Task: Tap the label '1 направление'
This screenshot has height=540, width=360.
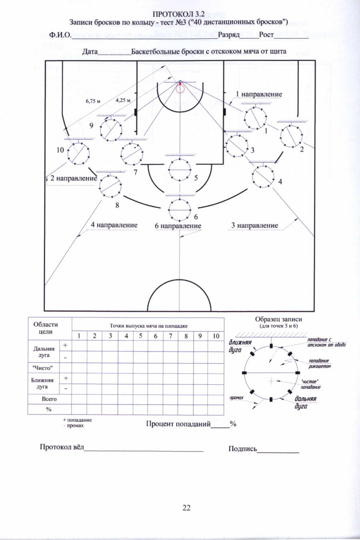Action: [x=259, y=94]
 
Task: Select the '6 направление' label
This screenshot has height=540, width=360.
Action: [x=178, y=226]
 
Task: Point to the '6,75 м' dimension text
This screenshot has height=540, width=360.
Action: [x=93, y=101]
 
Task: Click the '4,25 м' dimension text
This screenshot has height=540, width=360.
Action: [x=123, y=100]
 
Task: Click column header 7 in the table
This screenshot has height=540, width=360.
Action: [x=170, y=336]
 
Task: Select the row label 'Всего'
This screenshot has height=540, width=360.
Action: [x=49, y=399]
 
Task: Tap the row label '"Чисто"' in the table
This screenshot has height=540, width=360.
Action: [x=42, y=368]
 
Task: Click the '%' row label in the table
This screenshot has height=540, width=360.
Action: [x=49, y=410]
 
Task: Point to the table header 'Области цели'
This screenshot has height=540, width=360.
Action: [x=46, y=328]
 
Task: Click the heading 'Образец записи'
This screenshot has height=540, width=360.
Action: [x=278, y=320]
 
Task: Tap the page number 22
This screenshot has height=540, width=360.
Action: [x=186, y=508]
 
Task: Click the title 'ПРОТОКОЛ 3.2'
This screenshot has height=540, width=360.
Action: [x=179, y=14]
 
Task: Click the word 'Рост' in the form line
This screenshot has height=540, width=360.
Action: [x=266, y=35]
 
